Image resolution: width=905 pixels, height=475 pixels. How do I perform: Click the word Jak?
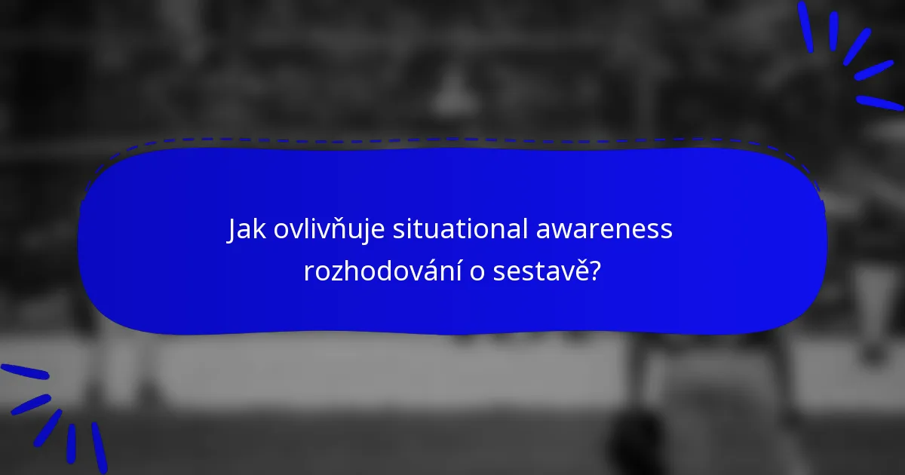click(x=247, y=230)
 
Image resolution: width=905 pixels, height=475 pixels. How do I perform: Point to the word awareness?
click(x=604, y=230)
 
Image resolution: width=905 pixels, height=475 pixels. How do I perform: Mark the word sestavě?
click(x=541, y=271)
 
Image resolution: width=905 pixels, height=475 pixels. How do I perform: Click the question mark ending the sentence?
click(x=595, y=271)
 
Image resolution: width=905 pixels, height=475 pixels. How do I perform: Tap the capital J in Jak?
click(x=233, y=230)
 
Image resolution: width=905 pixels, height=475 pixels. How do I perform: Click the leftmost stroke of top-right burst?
click(x=806, y=26)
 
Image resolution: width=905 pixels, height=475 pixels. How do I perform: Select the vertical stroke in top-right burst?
click(x=833, y=31)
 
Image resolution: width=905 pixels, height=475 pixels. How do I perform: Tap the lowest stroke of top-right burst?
click(x=879, y=103)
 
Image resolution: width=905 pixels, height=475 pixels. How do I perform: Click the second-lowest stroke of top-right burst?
click(x=873, y=70)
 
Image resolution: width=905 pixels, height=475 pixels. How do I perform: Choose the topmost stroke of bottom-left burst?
click(x=25, y=371)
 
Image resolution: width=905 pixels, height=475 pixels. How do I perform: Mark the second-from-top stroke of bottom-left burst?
click(x=31, y=404)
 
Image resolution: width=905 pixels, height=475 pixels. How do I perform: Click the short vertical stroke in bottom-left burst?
click(x=71, y=443)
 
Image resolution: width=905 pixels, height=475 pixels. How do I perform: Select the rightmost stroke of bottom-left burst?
click(x=99, y=447)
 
